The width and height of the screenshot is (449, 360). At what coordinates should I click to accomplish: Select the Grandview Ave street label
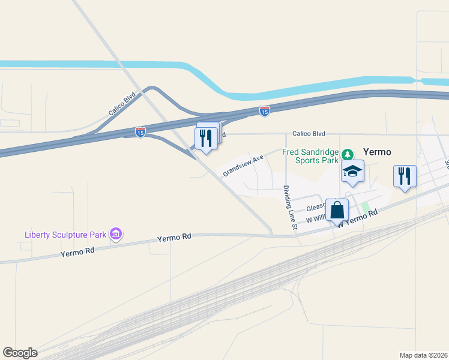coord(243,166)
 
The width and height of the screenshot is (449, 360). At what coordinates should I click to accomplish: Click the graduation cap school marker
coord(353,172)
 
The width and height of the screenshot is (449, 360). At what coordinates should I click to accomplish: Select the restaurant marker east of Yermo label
coord(405,176)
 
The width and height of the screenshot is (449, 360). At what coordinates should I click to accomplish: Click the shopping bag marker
coord(337,211)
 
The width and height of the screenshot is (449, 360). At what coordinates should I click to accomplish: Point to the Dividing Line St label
coord(290,208)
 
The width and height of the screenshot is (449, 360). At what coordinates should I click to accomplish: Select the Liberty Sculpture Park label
coord(65,234)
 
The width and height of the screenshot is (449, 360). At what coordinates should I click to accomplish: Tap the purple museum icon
coord(116,233)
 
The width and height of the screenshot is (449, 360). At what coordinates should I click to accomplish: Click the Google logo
coord(20,353)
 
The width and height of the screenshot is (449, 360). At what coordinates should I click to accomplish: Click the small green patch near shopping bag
coord(364,206)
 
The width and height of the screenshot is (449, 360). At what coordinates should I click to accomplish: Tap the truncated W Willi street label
coord(316,220)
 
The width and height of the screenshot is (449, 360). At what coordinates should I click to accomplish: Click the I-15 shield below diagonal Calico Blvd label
coord(140,130)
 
